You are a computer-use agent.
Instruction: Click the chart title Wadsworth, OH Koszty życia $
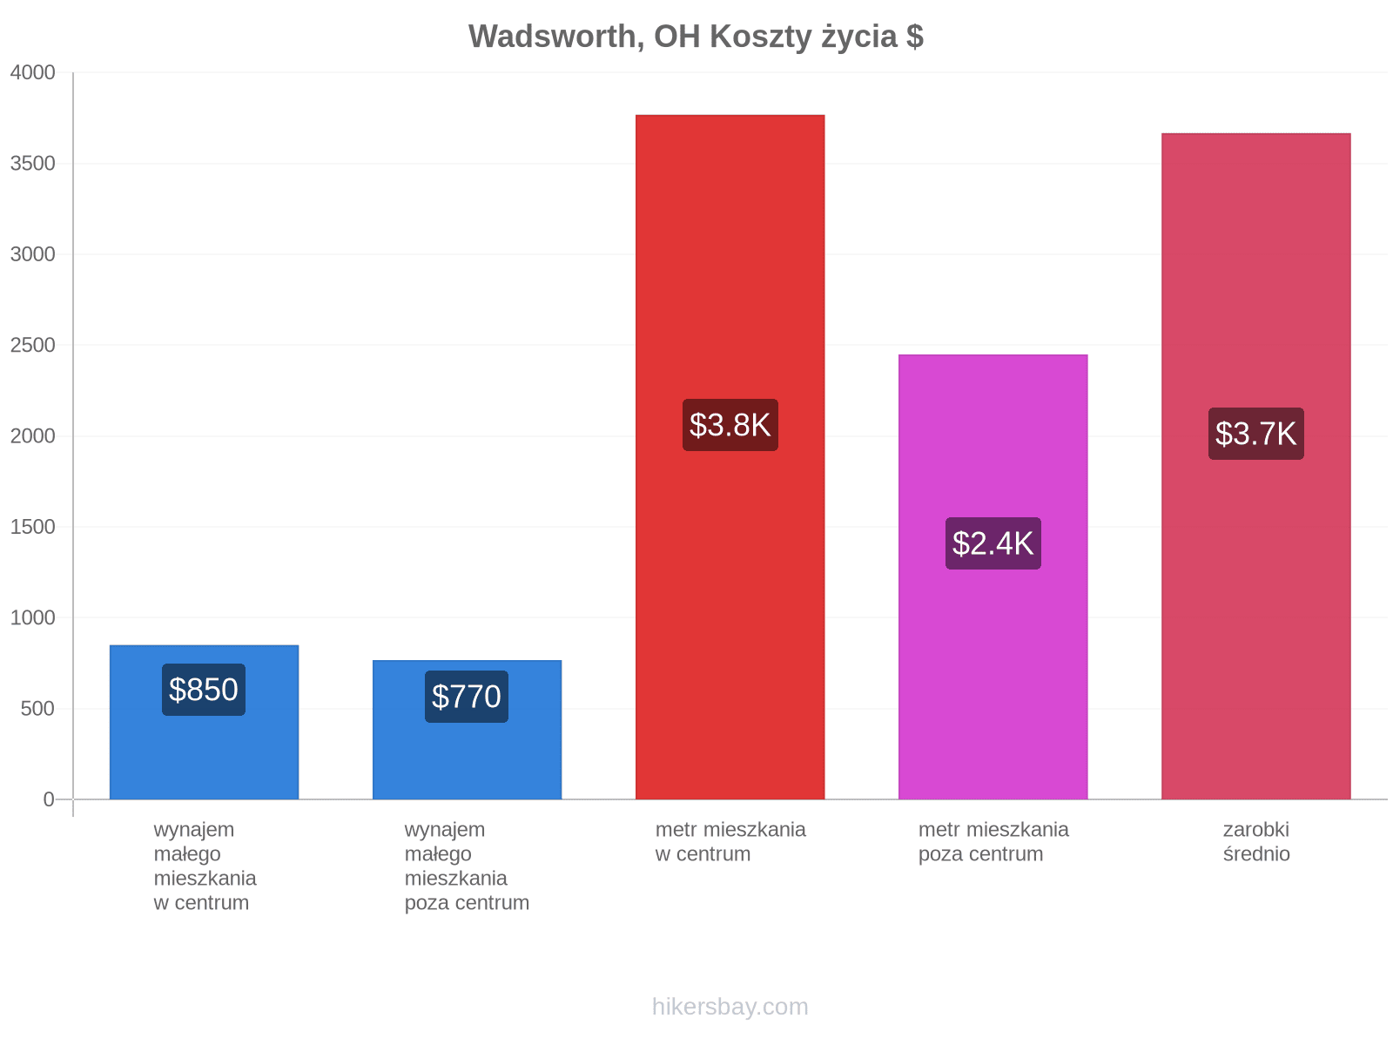point(696,37)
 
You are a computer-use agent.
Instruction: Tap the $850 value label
point(203,690)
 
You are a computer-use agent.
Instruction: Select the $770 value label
point(467,697)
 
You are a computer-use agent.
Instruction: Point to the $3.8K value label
point(730,425)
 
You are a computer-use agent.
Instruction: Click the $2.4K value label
point(993,543)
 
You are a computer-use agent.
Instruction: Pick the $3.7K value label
point(1255,434)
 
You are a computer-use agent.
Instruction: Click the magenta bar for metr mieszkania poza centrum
point(993,576)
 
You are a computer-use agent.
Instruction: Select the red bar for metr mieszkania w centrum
point(730,457)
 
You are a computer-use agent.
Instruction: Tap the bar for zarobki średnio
point(1255,467)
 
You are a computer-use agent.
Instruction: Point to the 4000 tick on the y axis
point(32,72)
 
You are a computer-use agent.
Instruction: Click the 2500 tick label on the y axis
point(32,345)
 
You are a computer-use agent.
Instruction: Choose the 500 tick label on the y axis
point(37,709)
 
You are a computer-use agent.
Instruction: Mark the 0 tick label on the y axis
point(49,799)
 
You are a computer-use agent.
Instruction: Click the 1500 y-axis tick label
point(32,527)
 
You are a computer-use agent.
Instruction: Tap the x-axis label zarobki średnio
point(1256,841)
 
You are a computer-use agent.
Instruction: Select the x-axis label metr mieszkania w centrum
point(730,841)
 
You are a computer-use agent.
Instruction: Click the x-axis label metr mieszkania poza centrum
point(993,841)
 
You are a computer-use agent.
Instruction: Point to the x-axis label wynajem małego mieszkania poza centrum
point(467,866)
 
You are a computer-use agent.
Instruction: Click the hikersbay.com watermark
point(730,1007)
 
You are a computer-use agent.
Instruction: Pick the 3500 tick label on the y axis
point(32,164)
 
